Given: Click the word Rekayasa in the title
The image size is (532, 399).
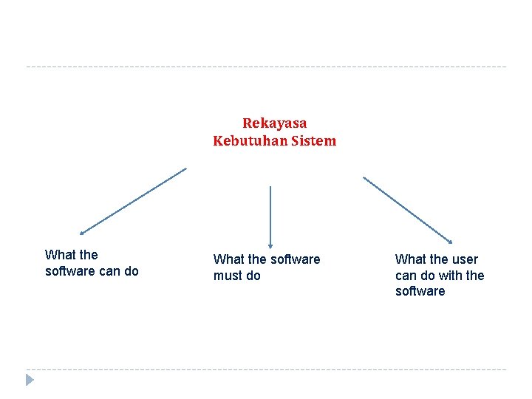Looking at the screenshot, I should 274,123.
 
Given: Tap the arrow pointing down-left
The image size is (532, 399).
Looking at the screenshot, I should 133,201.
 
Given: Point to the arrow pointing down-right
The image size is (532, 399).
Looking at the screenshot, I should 407,209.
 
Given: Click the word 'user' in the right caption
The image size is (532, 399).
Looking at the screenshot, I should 465,259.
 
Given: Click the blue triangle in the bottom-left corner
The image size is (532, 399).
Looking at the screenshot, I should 30,380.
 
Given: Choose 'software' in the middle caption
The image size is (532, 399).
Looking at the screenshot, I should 296,259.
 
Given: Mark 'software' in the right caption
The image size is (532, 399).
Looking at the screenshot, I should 420,291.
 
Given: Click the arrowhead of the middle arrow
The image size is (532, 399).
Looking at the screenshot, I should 270,245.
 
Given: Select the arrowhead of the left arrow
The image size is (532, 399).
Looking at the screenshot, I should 83,232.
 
